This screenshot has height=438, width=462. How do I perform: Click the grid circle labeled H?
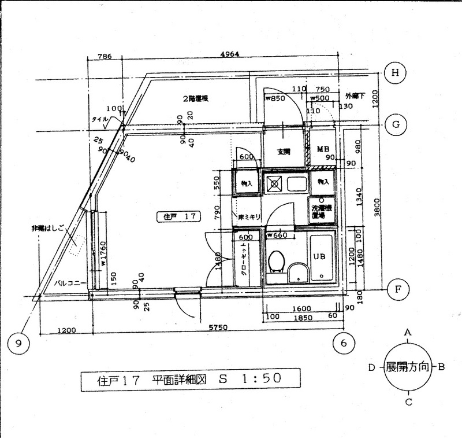click(395, 73)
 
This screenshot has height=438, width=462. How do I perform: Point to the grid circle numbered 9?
click(19, 343)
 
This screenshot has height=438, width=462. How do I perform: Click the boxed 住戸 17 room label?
click(178, 217)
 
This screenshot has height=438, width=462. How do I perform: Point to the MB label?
click(322, 150)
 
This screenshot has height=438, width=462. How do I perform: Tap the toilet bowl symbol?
click(277, 262)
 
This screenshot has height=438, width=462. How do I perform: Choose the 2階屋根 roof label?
click(196, 98)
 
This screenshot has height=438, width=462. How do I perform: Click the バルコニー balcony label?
click(68, 284)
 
